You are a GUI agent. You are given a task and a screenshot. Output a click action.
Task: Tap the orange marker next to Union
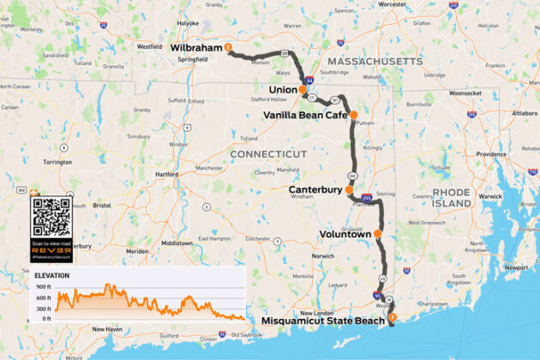[x=303, y=89]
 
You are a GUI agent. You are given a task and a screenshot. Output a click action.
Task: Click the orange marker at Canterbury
[x=350, y=190]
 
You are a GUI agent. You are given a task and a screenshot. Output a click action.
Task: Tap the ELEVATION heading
[x=52, y=276]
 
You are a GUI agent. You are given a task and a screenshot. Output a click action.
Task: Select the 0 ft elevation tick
[x=46, y=319]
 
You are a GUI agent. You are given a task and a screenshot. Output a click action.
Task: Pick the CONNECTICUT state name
[x=267, y=153]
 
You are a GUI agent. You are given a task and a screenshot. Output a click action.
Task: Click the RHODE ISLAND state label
[x=452, y=198]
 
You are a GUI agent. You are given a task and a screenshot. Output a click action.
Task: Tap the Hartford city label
[x=167, y=174]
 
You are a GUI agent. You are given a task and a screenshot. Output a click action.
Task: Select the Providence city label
[x=491, y=154]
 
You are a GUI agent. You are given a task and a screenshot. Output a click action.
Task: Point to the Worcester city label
[x=393, y=4]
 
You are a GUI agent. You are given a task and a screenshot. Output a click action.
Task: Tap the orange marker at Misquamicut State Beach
[x=392, y=318]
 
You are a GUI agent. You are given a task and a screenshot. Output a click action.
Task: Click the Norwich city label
[x=322, y=256]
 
